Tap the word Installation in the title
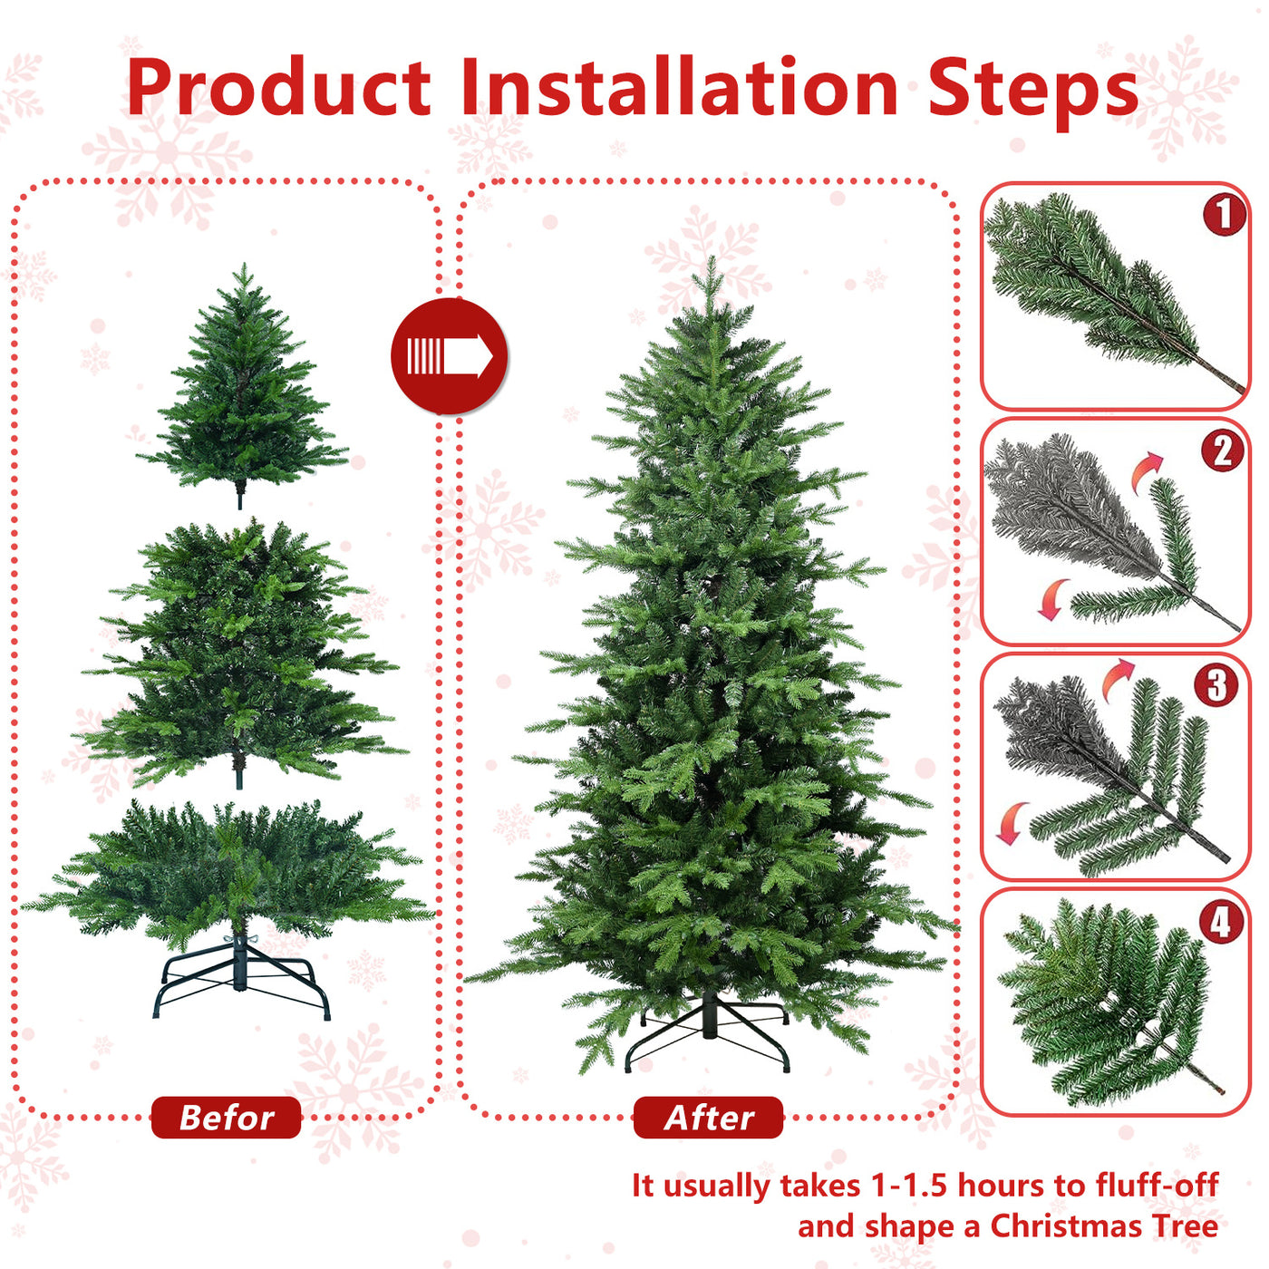point(678,88)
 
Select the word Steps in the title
point(1032,88)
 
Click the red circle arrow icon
point(450,356)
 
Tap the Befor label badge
point(226,1118)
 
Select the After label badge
point(708,1118)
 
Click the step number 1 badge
point(1224,214)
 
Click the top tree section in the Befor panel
point(242,390)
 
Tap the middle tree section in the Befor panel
point(240,653)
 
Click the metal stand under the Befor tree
point(241,983)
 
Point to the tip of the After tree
point(712,263)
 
